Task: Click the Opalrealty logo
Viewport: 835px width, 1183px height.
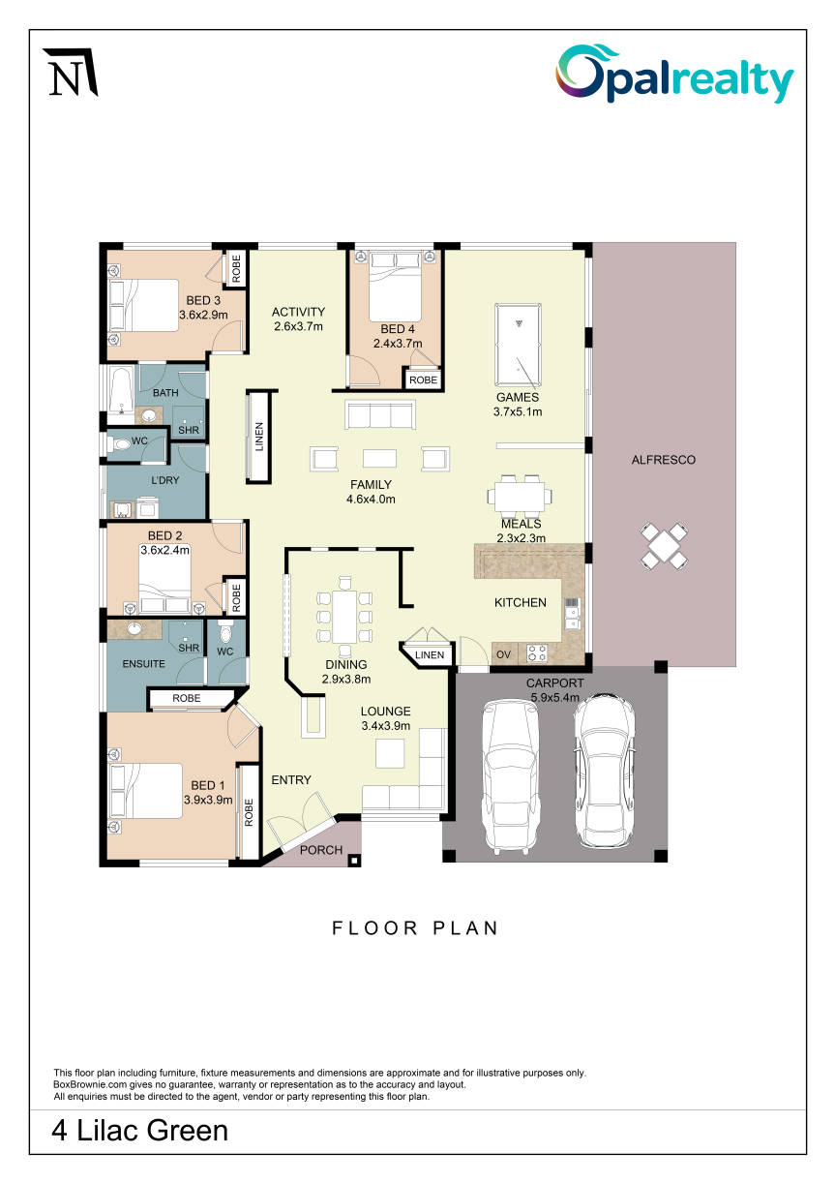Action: point(674,74)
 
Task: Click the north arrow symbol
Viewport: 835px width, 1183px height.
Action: point(71,73)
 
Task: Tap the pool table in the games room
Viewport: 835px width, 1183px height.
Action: point(518,344)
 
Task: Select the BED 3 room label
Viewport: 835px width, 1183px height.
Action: point(203,300)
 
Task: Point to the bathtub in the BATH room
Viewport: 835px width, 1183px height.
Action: point(121,391)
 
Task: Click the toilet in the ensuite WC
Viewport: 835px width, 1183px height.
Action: point(225,632)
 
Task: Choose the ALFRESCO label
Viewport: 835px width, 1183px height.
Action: point(664,460)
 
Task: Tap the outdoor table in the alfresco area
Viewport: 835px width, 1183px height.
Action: point(664,545)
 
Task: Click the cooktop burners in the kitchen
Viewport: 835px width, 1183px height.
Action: point(537,653)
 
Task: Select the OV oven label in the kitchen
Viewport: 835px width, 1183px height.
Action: point(503,654)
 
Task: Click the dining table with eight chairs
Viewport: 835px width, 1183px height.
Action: point(344,617)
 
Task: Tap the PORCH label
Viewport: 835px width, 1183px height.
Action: point(321,850)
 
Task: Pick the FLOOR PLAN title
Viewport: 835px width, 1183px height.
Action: point(415,928)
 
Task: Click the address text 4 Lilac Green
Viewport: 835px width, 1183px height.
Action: point(140,1130)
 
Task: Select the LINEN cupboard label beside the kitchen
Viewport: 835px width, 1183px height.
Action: point(430,654)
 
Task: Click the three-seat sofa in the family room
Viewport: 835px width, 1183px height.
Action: point(380,414)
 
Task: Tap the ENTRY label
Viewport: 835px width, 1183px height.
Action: point(291,779)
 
